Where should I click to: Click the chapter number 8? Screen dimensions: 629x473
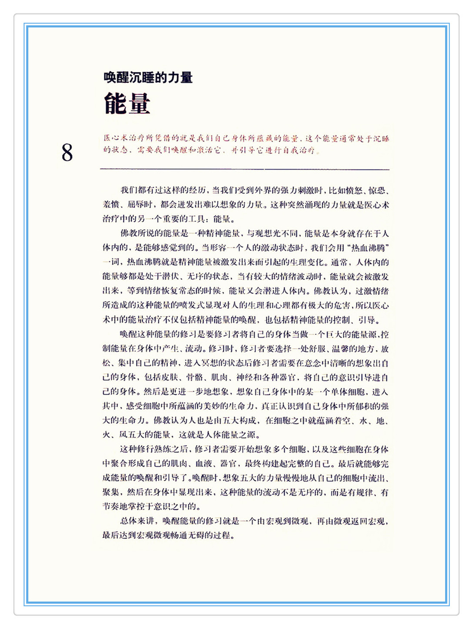pos(67,153)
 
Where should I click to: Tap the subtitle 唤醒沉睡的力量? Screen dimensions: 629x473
pos(148,78)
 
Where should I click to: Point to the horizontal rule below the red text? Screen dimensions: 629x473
pos(244,169)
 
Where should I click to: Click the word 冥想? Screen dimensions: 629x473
pos(209,363)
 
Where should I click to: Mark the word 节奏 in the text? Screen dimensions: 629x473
pos(111,506)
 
